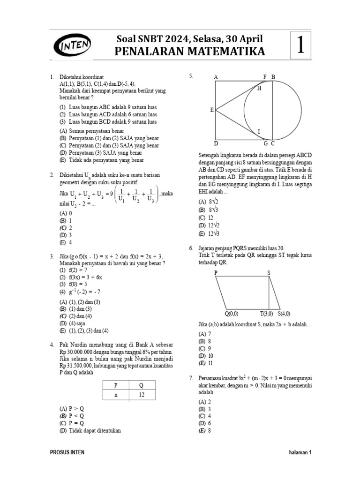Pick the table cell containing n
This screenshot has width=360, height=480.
click(115, 395)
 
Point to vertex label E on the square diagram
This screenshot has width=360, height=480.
click(211, 110)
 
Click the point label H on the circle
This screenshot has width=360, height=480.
click(259, 88)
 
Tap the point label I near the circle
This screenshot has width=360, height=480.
click(259, 132)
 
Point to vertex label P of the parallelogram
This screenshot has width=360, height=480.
click(216, 272)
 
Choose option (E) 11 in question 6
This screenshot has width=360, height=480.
click(206, 363)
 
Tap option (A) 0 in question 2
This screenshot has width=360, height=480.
click(65, 212)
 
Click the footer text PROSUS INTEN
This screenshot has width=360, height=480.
click(67, 452)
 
